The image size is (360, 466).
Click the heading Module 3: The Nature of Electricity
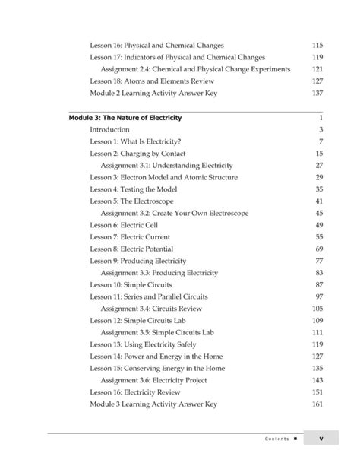[125, 118]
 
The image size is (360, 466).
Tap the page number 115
[317, 46]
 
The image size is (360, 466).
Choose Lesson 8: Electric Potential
[131, 249]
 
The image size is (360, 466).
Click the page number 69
[319, 249]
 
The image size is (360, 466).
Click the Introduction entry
[109, 130]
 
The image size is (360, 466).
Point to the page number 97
[319, 296]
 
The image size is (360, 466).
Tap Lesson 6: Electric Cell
[123, 225]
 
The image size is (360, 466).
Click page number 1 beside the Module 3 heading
[321, 118]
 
